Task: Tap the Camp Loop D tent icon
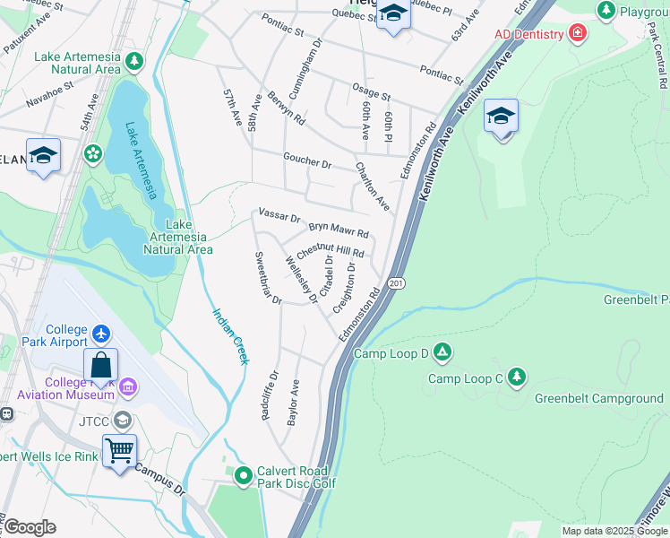pyautogui.click(x=442, y=352)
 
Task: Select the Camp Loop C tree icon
pyautogui.click(x=516, y=377)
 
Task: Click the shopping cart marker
pyautogui.click(x=119, y=450)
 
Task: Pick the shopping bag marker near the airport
pyautogui.click(x=101, y=365)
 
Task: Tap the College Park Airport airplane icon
pyautogui.click(x=100, y=334)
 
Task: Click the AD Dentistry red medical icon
pyautogui.click(x=578, y=34)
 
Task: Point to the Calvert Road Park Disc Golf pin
pyautogui.click(x=243, y=475)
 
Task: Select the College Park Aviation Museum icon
pyautogui.click(x=127, y=386)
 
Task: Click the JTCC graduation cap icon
pyautogui.click(x=121, y=420)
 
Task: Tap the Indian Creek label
pyautogui.click(x=230, y=336)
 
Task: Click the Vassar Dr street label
pyautogui.click(x=279, y=215)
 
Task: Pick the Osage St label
pyautogui.click(x=371, y=94)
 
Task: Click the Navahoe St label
pyautogui.click(x=45, y=98)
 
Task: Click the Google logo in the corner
pyautogui.click(x=30, y=527)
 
